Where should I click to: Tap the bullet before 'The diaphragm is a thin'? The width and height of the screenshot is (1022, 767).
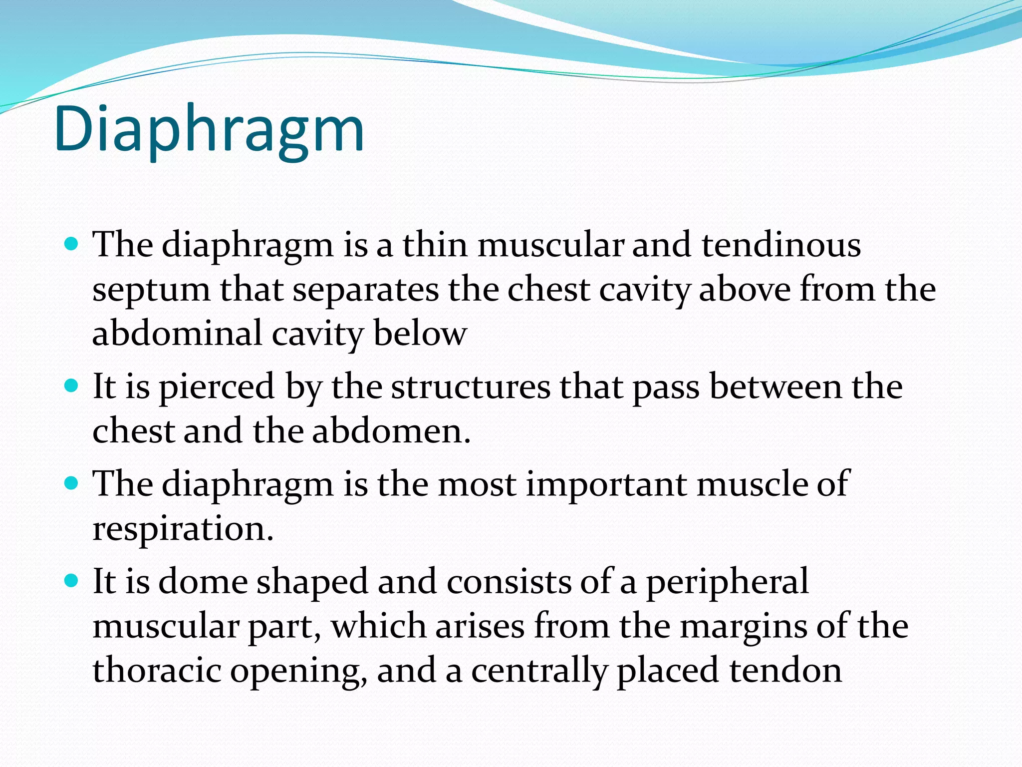(x=72, y=244)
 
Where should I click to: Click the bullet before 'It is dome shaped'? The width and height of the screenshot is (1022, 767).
(x=72, y=580)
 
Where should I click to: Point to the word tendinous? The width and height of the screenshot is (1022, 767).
(x=781, y=245)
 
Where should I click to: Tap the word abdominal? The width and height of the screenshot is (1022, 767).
(x=177, y=333)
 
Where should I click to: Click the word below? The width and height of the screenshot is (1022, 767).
(x=420, y=333)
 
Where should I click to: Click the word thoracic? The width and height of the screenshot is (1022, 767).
(x=157, y=670)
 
